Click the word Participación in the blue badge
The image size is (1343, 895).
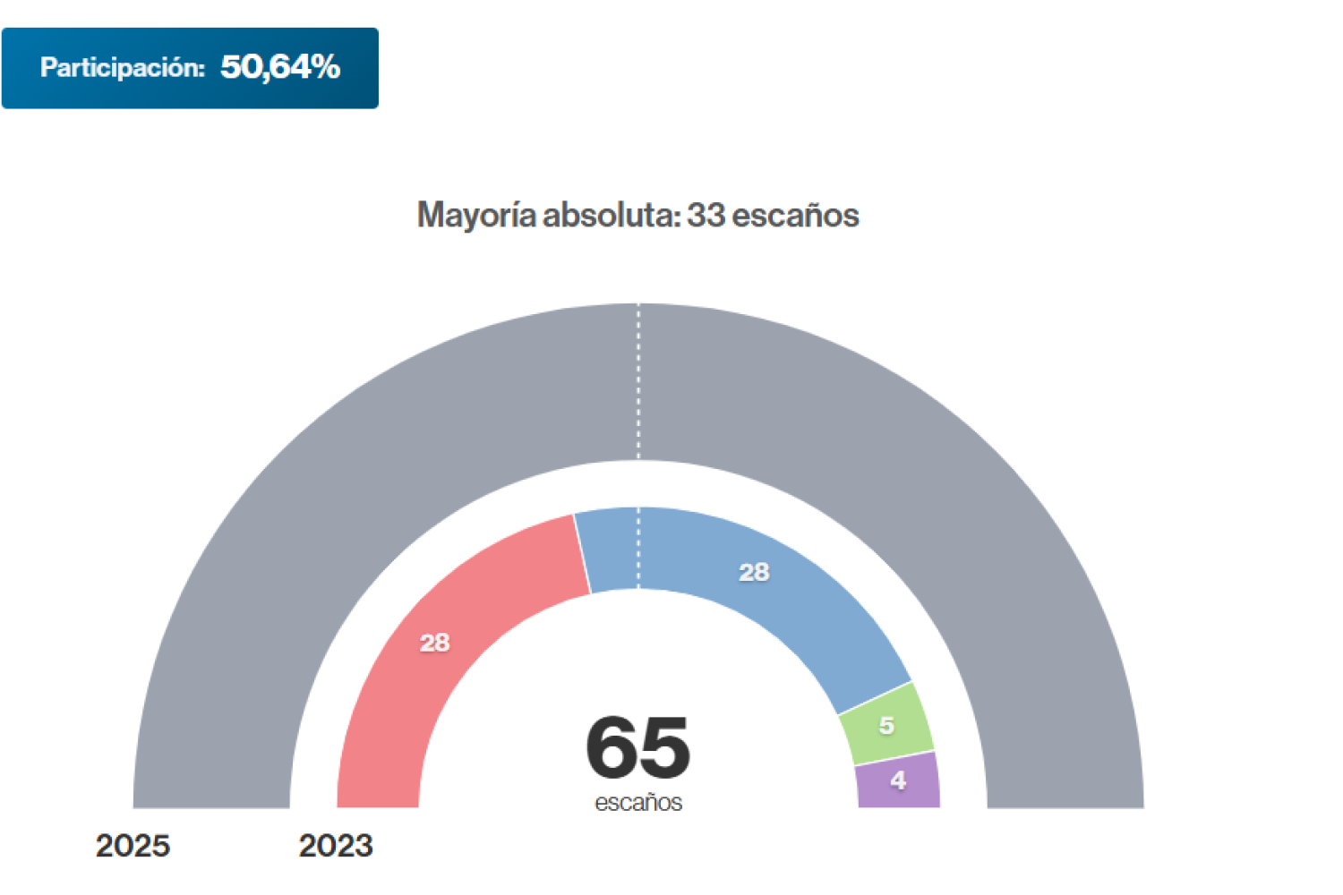pos(123,68)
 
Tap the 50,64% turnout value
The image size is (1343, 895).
pos(280,67)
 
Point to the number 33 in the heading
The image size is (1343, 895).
pos(706,216)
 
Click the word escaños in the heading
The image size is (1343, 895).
pos(795,216)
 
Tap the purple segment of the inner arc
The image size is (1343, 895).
pos(898,781)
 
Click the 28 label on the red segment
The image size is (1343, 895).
pos(435,643)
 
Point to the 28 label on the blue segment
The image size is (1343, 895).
pos(754,572)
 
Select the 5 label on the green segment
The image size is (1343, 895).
pos(886,725)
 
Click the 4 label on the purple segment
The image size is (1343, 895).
pos(898,780)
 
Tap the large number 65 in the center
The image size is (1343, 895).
pos(637,747)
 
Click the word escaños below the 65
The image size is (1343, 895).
pos(637,802)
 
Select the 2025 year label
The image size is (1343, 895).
pos(133,846)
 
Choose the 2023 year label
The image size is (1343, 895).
pos(336,846)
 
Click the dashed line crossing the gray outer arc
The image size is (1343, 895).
pos(638,385)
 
